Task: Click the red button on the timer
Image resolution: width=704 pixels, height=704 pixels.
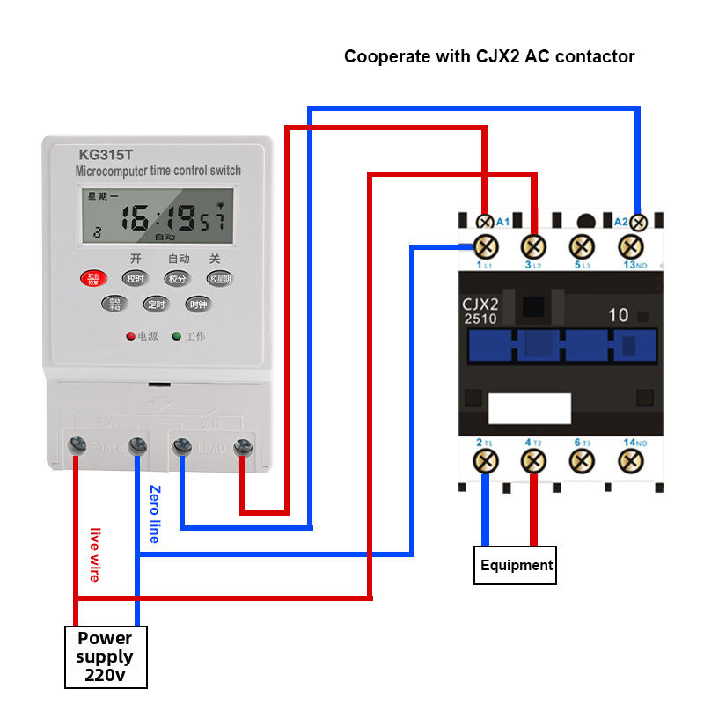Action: point(92,279)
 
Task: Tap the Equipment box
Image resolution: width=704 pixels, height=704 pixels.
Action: point(517,565)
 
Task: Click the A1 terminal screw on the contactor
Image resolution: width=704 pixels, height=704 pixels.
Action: point(484,223)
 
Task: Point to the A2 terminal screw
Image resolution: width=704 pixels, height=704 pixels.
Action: point(638,223)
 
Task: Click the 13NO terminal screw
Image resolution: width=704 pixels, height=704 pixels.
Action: point(630,246)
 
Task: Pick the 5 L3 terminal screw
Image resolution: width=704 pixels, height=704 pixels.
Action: point(581,246)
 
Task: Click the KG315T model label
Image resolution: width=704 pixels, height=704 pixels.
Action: point(106,153)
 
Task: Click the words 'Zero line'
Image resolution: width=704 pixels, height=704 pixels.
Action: point(154,514)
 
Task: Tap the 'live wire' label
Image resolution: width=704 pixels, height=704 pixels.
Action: point(94,554)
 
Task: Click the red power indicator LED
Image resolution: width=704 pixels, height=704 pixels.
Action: point(130,336)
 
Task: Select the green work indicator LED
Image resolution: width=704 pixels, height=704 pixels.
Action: point(176,336)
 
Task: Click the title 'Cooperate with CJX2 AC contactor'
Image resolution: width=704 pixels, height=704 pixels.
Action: point(489,56)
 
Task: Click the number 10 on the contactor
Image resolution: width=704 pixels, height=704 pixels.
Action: point(618,315)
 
